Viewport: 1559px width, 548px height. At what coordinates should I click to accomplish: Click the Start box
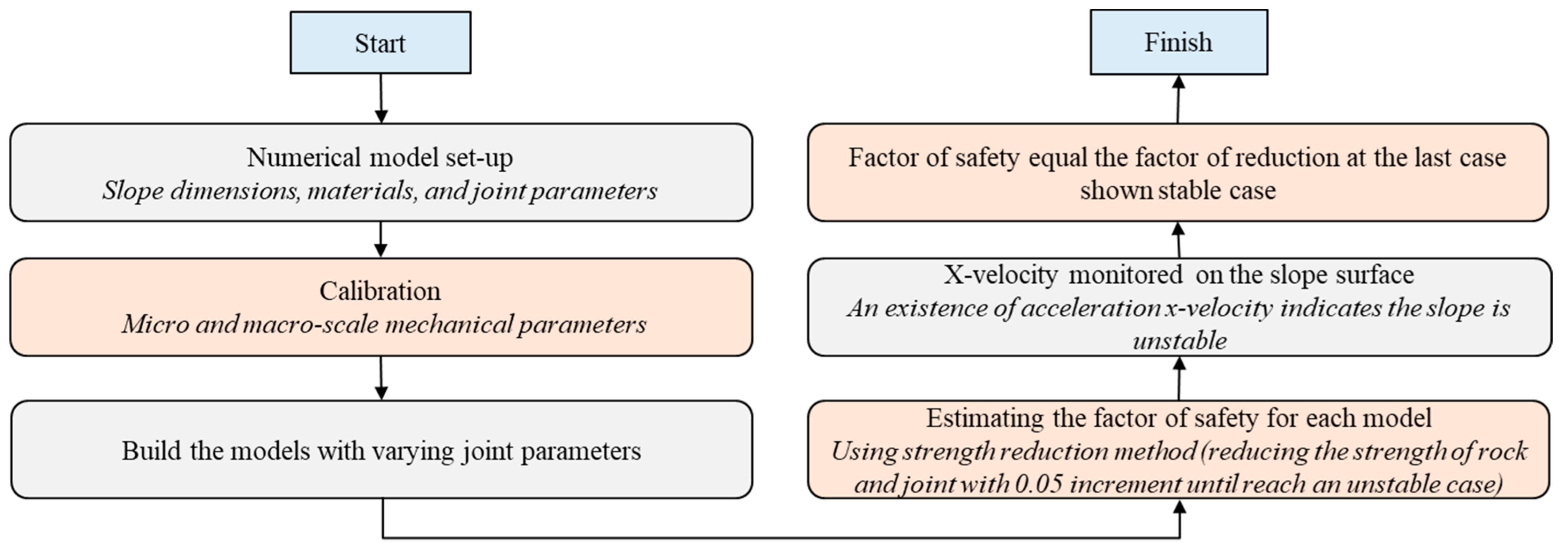click(x=380, y=43)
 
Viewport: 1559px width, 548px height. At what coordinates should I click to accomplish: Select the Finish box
click(x=1178, y=42)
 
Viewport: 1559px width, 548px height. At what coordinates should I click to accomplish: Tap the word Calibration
click(x=380, y=291)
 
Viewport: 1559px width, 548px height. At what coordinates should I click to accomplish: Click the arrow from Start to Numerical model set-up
click(x=381, y=98)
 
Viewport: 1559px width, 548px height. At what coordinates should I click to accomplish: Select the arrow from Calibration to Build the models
click(x=381, y=378)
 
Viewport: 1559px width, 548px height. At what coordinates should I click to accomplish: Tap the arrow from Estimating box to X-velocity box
click(x=1179, y=378)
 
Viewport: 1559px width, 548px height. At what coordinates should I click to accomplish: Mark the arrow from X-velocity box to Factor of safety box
click(x=1178, y=240)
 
